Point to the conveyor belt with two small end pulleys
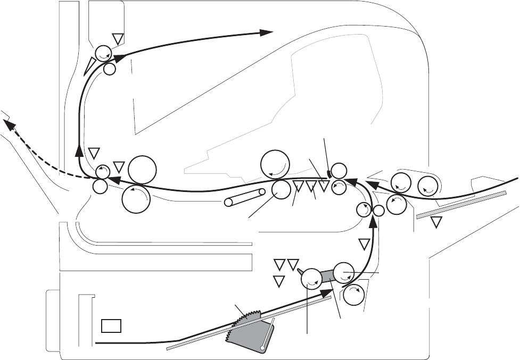(245, 197)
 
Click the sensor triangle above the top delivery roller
(118, 38)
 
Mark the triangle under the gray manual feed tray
(437, 222)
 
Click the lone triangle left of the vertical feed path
(365, 244)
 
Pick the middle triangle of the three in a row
(311, 186)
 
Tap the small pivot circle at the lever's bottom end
(263, 348)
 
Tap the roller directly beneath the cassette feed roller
(353, 295)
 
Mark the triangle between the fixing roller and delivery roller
(119, 166)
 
